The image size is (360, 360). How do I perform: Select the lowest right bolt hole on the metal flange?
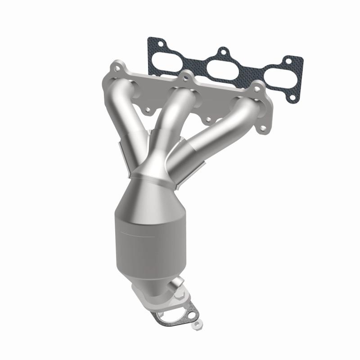(262, 129)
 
